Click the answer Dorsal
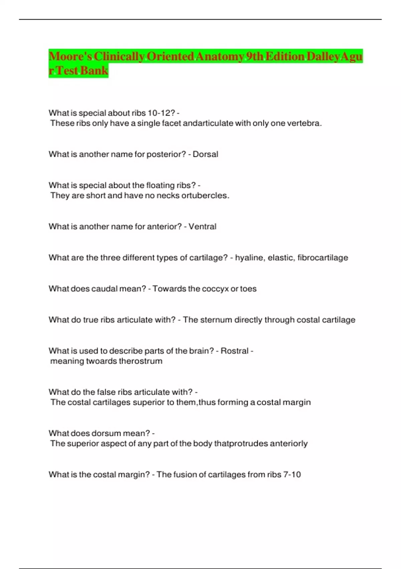coord(206,154)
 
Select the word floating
coord(161,185)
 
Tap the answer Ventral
coord(203,227)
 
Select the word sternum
coord(217,320)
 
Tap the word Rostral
coord(235,351)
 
